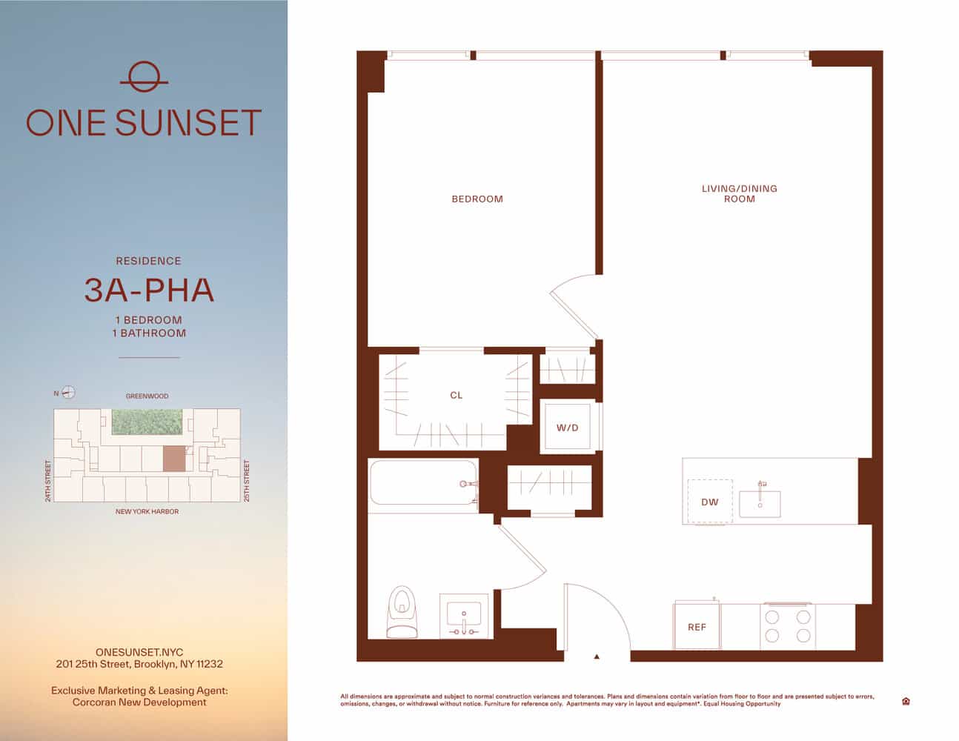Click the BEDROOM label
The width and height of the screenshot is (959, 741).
[x=477, y=199]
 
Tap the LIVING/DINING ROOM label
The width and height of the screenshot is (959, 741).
[x=739, y=193]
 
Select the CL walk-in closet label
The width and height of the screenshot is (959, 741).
[x=456, y=396]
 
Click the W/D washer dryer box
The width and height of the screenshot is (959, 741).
[x=568, y=428]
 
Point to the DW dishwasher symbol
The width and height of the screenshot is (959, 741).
[x=709, y=502]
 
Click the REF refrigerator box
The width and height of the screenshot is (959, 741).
[x=697, y=627]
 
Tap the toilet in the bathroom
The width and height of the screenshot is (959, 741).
[x=402, y=611]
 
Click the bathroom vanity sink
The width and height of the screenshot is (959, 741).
[x=464, y=615]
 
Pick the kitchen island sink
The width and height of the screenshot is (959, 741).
[x=759, y=503]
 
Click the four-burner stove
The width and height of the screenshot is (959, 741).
[x=788, y=625]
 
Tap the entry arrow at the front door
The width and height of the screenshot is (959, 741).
[x=596, y=656]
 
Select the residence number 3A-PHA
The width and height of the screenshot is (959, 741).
[x=149, y=290]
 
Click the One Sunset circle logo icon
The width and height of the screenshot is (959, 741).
[x=144, y=76]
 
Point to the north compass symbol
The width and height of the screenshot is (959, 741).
[x=68, y=393]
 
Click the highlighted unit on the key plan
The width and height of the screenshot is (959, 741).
[x=176, y=459]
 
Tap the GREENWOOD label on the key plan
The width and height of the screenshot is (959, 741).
[x=147, y=396]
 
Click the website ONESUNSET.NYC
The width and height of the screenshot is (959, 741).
[x=139, y=652]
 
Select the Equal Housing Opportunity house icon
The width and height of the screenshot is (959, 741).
[x=906, y=701]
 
